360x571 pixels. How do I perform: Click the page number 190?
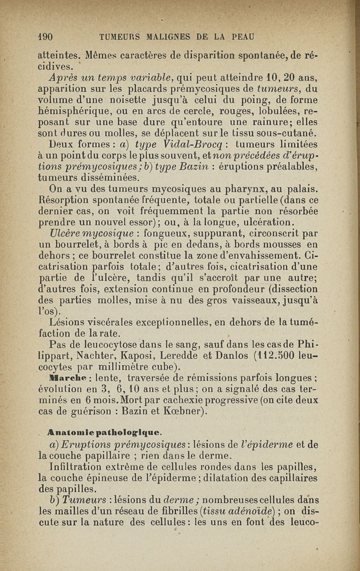click(45, 36)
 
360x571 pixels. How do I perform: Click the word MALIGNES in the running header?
click(168, 36)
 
